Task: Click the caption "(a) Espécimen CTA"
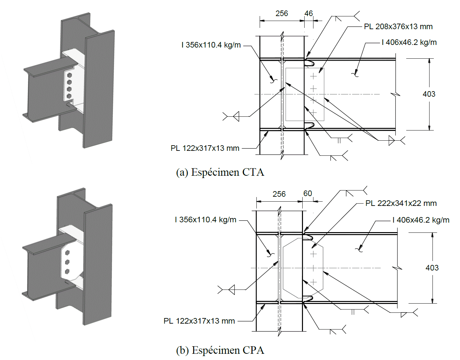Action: coord(220,172)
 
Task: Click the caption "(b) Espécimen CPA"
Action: coord(220,350)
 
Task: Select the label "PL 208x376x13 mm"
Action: coord(398,27)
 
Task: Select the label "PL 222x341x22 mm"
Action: coord(401,203)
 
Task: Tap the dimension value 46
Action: coord(309,13)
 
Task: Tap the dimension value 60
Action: coord(308,193)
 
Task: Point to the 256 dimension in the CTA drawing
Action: coord(282,13)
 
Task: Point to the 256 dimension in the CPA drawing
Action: coord(279,194)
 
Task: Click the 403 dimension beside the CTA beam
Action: coord(429,94)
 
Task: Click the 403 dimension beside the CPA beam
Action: coord(432,268)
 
